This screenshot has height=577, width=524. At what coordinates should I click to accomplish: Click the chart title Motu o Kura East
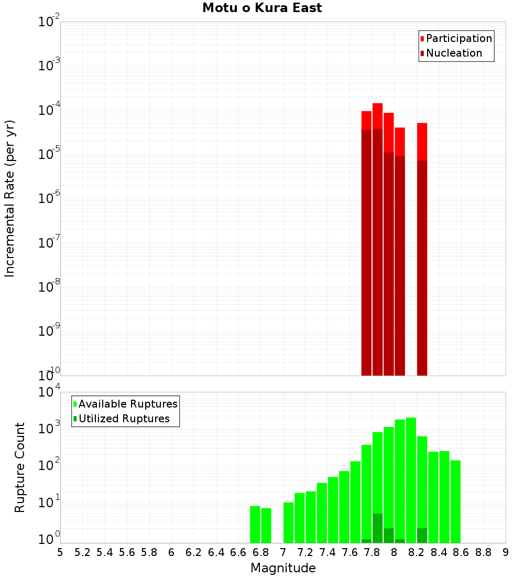point(262,8)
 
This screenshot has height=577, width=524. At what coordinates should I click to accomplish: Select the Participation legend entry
point(458,38)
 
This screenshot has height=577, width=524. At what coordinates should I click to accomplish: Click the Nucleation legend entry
point(453,53)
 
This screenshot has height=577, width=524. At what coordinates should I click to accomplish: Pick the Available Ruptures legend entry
point(127,404)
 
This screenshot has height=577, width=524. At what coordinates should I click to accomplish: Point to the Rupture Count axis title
point(20,467)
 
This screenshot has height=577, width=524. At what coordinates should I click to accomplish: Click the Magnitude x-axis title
point(283,568)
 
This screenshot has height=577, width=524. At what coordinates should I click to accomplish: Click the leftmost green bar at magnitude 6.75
point(255,525)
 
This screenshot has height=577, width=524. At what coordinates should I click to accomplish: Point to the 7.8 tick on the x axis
point(372,552)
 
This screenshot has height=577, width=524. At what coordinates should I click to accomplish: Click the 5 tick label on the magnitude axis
point(60,552)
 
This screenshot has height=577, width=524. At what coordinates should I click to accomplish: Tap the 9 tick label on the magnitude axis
point(506,552)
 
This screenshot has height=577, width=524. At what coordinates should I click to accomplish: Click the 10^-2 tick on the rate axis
point(49,22)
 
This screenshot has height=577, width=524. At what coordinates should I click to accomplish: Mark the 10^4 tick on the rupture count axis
point(49,392)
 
